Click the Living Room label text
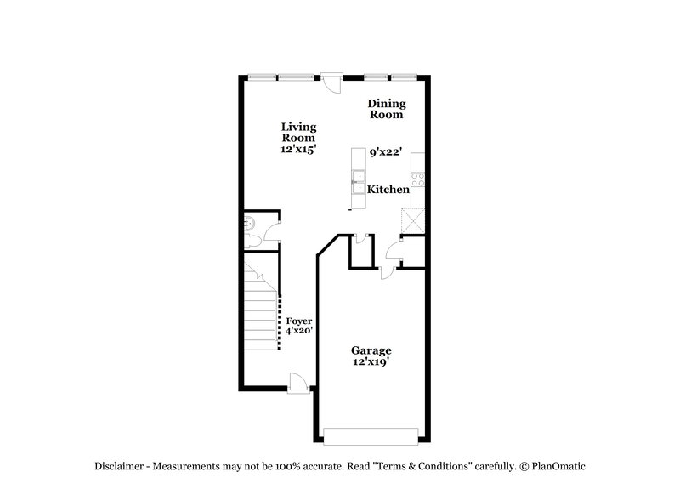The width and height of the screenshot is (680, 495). click(x=298, y=132)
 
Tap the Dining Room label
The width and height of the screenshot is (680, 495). click(x=387, y=109)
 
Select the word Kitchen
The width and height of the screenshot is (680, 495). click(x=388, y=190)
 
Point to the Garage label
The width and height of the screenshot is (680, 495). click(x=372, y=350)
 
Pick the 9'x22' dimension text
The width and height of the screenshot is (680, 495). click(x=385, y=152)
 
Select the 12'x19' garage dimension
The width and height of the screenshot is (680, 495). click(x=372, y=362)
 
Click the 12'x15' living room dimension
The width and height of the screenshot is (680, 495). click(x=298, y=149)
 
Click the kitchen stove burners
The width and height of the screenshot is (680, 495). click(x=418, y=180)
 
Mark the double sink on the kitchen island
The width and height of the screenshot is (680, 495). click(x=358, y=182)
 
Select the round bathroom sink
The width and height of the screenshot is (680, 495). click(x=248, y=225)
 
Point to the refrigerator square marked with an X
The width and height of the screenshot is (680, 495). click(x=412, y=219)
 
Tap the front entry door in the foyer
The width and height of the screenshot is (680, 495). click(x=297, y=384)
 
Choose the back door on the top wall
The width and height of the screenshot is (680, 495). click(x=331, y=83)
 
